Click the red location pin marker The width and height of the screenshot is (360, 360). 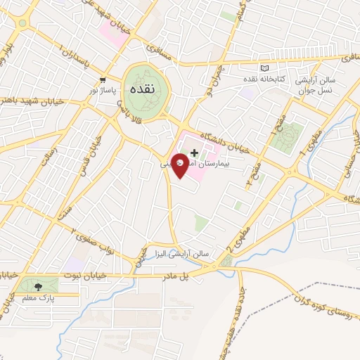point(181,164)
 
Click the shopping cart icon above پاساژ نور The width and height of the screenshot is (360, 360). point(103,80)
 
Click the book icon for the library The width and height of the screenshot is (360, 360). point(265,68)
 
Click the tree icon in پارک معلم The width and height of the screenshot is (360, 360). point(38,286)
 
